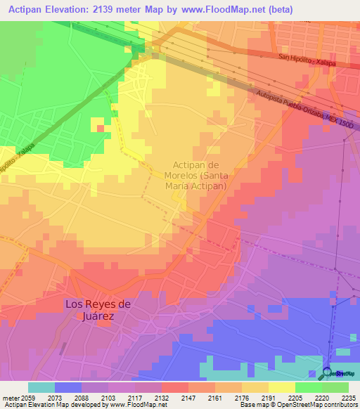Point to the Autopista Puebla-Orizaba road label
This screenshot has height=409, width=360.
304,108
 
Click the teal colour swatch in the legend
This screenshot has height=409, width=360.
41,387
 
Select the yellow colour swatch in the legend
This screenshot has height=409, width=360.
281,387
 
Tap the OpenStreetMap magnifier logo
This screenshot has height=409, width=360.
328,372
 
